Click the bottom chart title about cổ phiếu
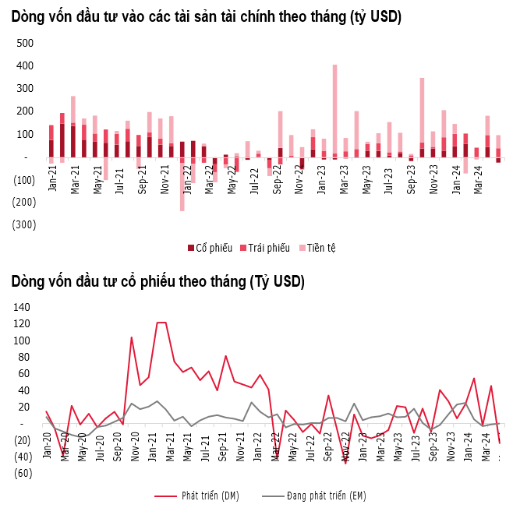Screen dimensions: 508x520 click(157, 281)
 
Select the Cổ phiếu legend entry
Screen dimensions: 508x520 click(210, 248)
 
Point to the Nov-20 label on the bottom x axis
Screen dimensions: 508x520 click(135, 446)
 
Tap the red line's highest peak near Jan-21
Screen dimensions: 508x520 click(161, 323)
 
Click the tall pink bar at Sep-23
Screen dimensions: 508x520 click(422, 109)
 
